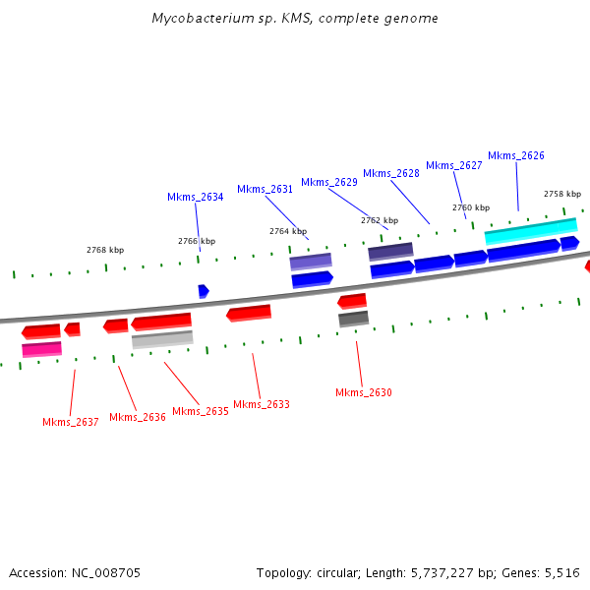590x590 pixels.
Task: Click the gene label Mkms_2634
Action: [195, 197]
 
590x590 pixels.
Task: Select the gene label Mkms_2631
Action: [265, 189]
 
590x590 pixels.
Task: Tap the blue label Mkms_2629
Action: [328, 182]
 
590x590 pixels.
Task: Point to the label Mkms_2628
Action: [390, 173]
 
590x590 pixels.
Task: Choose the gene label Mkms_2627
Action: [453, 165]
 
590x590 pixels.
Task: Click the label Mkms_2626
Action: [515, 155]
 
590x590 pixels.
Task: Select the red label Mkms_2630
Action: [363, 392]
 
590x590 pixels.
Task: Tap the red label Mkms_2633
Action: [261, 404]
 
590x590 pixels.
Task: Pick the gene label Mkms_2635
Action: [200, 411]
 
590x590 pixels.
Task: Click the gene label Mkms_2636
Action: [137, 417]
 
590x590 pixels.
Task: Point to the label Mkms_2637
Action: [70, 422]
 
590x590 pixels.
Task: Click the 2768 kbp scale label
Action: [105, 250]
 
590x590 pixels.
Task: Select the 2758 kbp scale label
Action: [562, 194]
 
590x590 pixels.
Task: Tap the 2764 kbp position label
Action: [288, 231]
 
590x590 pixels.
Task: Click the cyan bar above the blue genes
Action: [530, 231]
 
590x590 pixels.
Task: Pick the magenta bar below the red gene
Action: [41, 349]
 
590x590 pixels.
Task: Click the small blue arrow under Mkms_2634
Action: [203, 291]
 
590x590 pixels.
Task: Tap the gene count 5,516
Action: [562, 572]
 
